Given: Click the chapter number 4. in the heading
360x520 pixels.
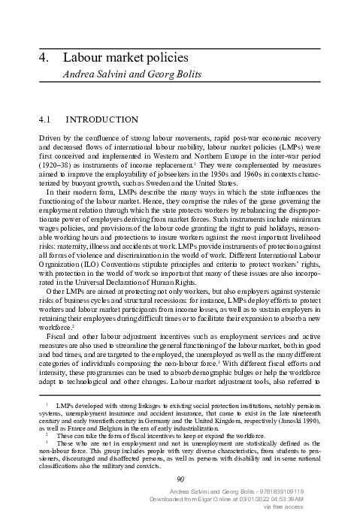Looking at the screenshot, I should click(x=44, y=58).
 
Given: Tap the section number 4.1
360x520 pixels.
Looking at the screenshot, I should click(x=46, y=119).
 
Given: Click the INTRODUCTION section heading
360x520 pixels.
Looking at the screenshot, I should click(x=102, y=119).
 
